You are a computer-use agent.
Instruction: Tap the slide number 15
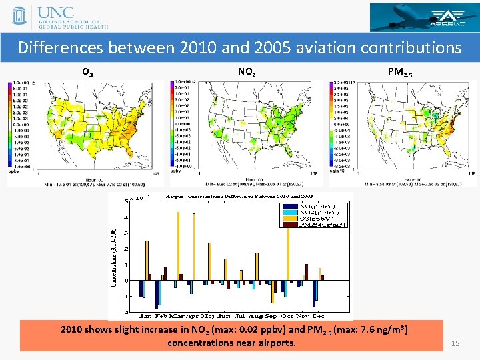(456, 343)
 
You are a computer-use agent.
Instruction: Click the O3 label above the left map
(87, 71)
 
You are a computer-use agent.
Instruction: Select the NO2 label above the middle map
(246, 71)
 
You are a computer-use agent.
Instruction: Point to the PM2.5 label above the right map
(400, 71)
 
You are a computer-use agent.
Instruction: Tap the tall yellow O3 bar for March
(178, 246)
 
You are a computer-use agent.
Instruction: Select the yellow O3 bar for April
(193, 247)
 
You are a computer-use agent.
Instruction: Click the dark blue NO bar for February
(157, 294)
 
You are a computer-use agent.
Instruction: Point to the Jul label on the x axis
(239, 315)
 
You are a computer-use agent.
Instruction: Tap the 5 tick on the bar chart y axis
(127, 201)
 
